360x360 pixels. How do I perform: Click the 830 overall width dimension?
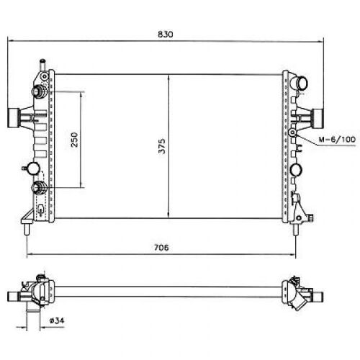pos(166,35)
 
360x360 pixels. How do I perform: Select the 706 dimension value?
pos(161,248)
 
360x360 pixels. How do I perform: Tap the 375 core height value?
pos(162,146)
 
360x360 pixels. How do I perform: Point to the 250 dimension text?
pos(74,140)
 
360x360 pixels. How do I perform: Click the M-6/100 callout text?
pos(337,139)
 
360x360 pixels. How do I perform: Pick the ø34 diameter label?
pos(57,320)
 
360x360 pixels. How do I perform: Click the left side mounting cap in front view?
pos(14,118)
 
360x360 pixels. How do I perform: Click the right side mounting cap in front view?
pos(318,118)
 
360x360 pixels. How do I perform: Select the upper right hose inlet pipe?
pos(299,84)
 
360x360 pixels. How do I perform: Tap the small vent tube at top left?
pos(43,65)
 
